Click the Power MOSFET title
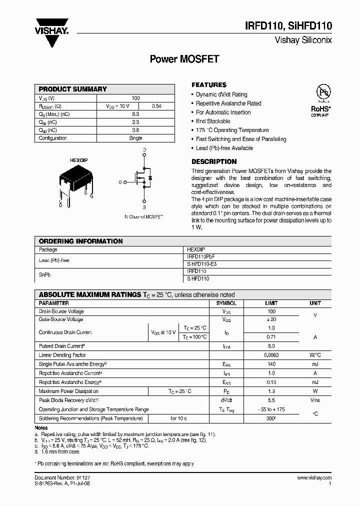pyautogui.click(x=184, y=59)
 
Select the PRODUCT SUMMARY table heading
pyautogui.click(x=73, y=89)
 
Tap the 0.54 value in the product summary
pyautogui.click(x=156, y=106)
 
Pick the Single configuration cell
pyautogui.click(x=135, y=138)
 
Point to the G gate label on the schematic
pyautogui.click(x=120, y=182)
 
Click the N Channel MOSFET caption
pyautogui.click(x=143, y=216)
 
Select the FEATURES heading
pyautogui.click(x=209, y=85)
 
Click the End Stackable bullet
pyautogui.click(x=213, y=121)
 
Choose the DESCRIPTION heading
pyautogui.click(x=214, y=161)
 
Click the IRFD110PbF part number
pyautogui.click(x=201, y=255)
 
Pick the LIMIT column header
pyautogui.click(x=270, y=303)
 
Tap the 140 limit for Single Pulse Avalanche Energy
pyautogui.click(x=271, y=364)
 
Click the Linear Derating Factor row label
pyautogui.click(x=62, y=355)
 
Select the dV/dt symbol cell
pyautogui.click(x=226, y=400)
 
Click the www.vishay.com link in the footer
pyautogui.click(x=314, y=478)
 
